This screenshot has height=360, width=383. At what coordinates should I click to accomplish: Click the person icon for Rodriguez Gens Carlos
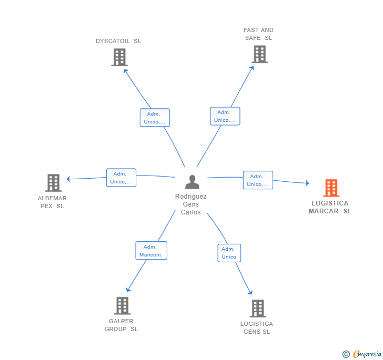[x=192, y=182]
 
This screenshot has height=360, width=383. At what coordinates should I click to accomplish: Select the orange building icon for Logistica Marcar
[x=331, y=188]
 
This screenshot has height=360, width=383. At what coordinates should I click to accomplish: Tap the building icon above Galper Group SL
[x=122, y=305]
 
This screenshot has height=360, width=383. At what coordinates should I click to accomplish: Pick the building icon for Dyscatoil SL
[x=119, y=57]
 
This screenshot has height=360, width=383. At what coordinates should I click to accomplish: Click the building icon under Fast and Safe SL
[x=259, y=54]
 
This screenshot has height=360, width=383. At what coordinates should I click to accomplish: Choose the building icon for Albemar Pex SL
[x=53, y=183]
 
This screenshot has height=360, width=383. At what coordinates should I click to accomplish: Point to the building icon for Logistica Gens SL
[x=257, y=308]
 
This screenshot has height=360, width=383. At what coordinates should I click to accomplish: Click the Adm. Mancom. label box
[x=151, y=251]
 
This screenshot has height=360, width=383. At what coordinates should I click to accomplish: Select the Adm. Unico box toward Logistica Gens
[x=229, y=253]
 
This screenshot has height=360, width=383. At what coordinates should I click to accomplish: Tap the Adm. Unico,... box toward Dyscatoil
[x=155, y=118]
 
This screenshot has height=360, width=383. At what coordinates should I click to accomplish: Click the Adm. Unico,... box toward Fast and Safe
[x=225, y=116]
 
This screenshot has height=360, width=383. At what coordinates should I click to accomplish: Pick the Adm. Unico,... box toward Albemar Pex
[x=121, y=178]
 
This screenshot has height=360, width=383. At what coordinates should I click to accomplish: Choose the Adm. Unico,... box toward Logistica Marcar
[x=258, y=180]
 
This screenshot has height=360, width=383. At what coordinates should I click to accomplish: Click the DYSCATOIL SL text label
[x=118, y=41]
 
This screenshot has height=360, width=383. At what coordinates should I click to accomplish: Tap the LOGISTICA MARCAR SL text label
[x=330, y=207]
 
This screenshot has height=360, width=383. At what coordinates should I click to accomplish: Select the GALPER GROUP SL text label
[x=121, y=325]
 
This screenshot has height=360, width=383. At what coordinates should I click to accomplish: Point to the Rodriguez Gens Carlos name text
[x=191, y=204]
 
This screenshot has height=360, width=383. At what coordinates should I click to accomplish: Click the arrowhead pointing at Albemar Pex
[x=68, y=179]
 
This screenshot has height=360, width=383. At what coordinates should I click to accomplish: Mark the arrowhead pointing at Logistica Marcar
[x=307, y=183]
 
